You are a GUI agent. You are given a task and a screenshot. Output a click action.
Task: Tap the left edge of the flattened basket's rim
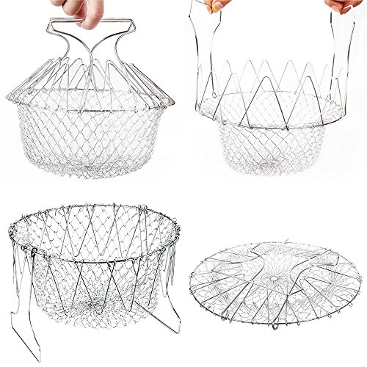point(190,279)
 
